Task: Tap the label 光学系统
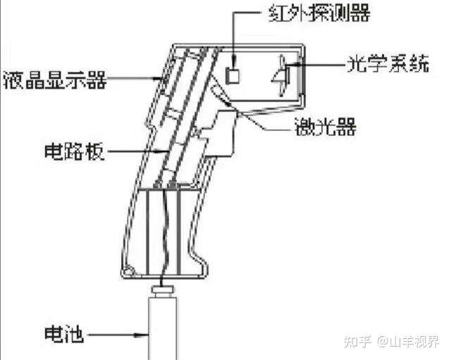coord(389,65)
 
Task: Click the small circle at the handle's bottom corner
coord(128,271)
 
